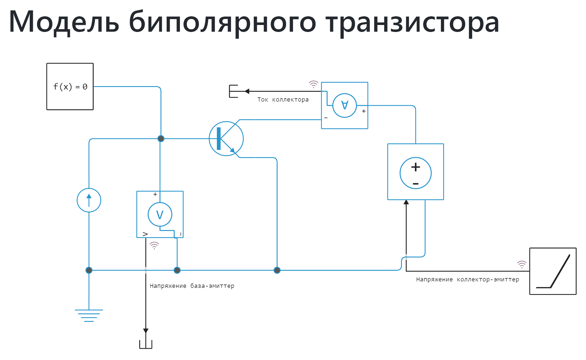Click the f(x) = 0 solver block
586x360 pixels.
pos(70,86)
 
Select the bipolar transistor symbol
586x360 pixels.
pos(226,139)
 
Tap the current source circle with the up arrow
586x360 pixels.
pos(89,200)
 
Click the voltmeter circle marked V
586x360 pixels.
pos(160,214)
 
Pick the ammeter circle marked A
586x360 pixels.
pos(345,106)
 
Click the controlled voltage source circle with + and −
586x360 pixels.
pos(416,173)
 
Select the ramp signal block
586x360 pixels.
pos(553,271)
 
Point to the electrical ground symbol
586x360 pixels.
pos(89,315)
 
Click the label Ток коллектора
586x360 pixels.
pos(283,100)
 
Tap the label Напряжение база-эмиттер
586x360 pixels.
pos(192,286)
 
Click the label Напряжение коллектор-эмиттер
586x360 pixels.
pos(468,279)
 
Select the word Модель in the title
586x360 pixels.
pos(64,22)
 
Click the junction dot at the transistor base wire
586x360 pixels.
pos(161,139)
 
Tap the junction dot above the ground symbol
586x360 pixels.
pos(89,270)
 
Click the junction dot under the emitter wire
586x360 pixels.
pos(277,270)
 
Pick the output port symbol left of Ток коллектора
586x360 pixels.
pos(234,91)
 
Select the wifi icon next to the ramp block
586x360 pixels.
pos(522,264)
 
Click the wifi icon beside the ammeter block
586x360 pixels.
pos(313,84)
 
